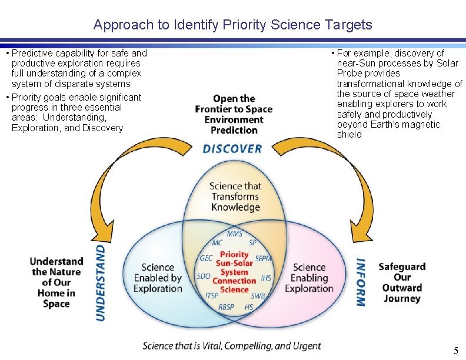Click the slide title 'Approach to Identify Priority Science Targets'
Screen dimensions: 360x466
coord(232,25)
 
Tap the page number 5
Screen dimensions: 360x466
coord(455,351)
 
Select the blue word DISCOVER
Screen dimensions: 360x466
coord(232,148)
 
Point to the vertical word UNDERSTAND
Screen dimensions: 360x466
coord(101,282)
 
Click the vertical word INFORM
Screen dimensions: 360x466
coord(361,282)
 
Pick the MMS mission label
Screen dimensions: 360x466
coord(234,234)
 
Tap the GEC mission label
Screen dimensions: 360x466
coord(207,258)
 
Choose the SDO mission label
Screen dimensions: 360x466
coord(204,276)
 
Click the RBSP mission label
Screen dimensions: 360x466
coord(227,306)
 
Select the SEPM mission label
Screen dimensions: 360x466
coord(264,258)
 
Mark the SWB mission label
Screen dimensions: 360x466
coord(258,295)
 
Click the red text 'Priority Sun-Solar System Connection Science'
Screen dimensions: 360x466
coord(234,272)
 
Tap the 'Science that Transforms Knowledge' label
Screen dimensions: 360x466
coord(235,196)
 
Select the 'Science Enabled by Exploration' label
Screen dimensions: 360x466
coord(158,278)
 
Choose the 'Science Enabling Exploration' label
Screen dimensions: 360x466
coord(309,278)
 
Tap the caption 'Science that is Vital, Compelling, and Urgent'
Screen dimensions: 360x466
coord(232,346)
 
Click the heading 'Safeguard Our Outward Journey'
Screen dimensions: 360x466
coord(402,282)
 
